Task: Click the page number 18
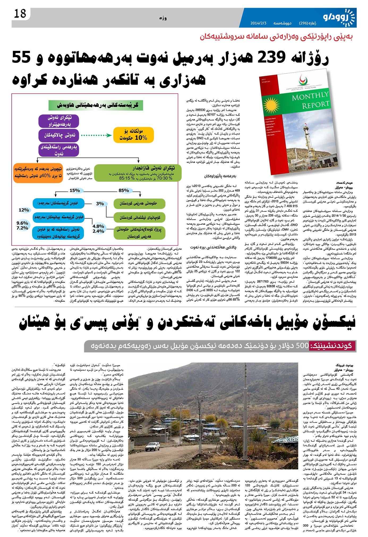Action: coord(20,14)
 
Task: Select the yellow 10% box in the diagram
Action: coord(133,135)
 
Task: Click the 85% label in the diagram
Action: coord(124,190)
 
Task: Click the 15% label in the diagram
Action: coord(75,190)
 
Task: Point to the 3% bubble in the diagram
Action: coord(100,203)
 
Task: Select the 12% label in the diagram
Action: coord(24,210)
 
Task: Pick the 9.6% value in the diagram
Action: coord(22,223)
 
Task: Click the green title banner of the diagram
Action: coord(96,105)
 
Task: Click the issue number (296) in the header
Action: coord(304,23)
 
